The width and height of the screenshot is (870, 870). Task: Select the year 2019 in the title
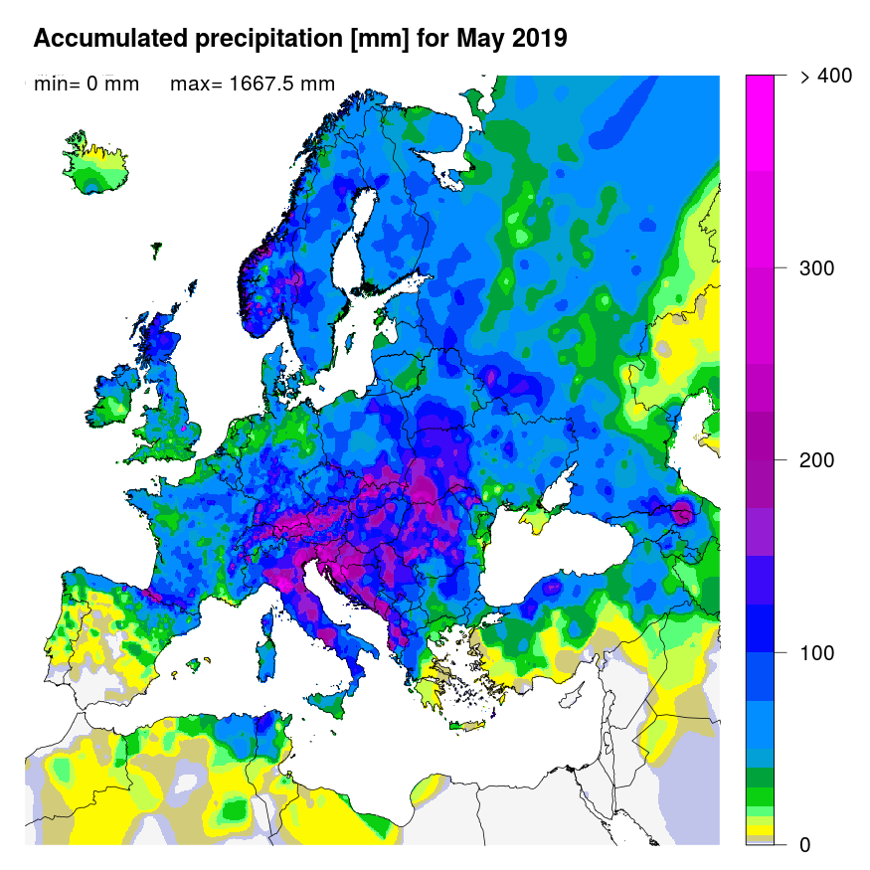(539, 39)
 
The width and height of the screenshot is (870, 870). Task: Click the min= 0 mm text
(87, 85)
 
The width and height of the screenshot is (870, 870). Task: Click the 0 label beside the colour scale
(804, 845)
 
